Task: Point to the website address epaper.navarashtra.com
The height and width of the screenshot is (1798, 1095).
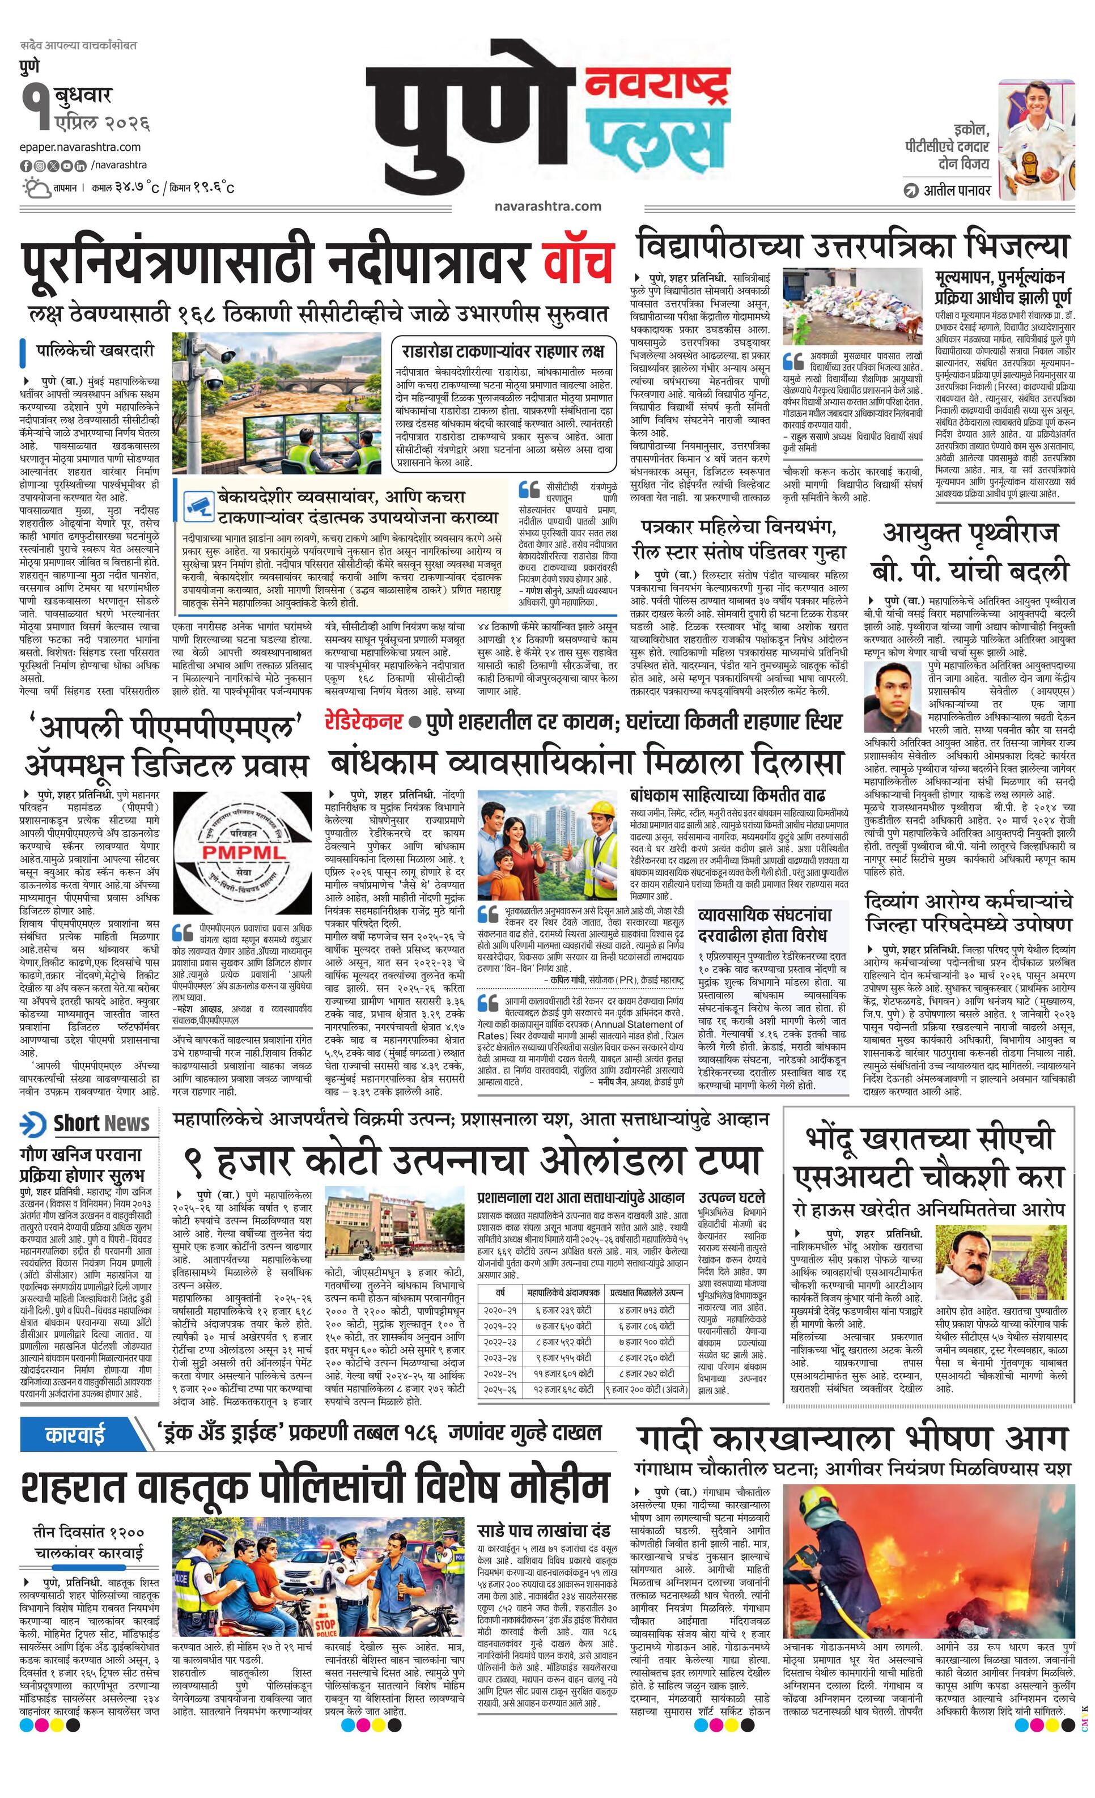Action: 80,147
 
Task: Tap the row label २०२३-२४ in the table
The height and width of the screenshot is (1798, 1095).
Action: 500,1358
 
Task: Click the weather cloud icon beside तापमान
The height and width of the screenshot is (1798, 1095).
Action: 34,188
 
